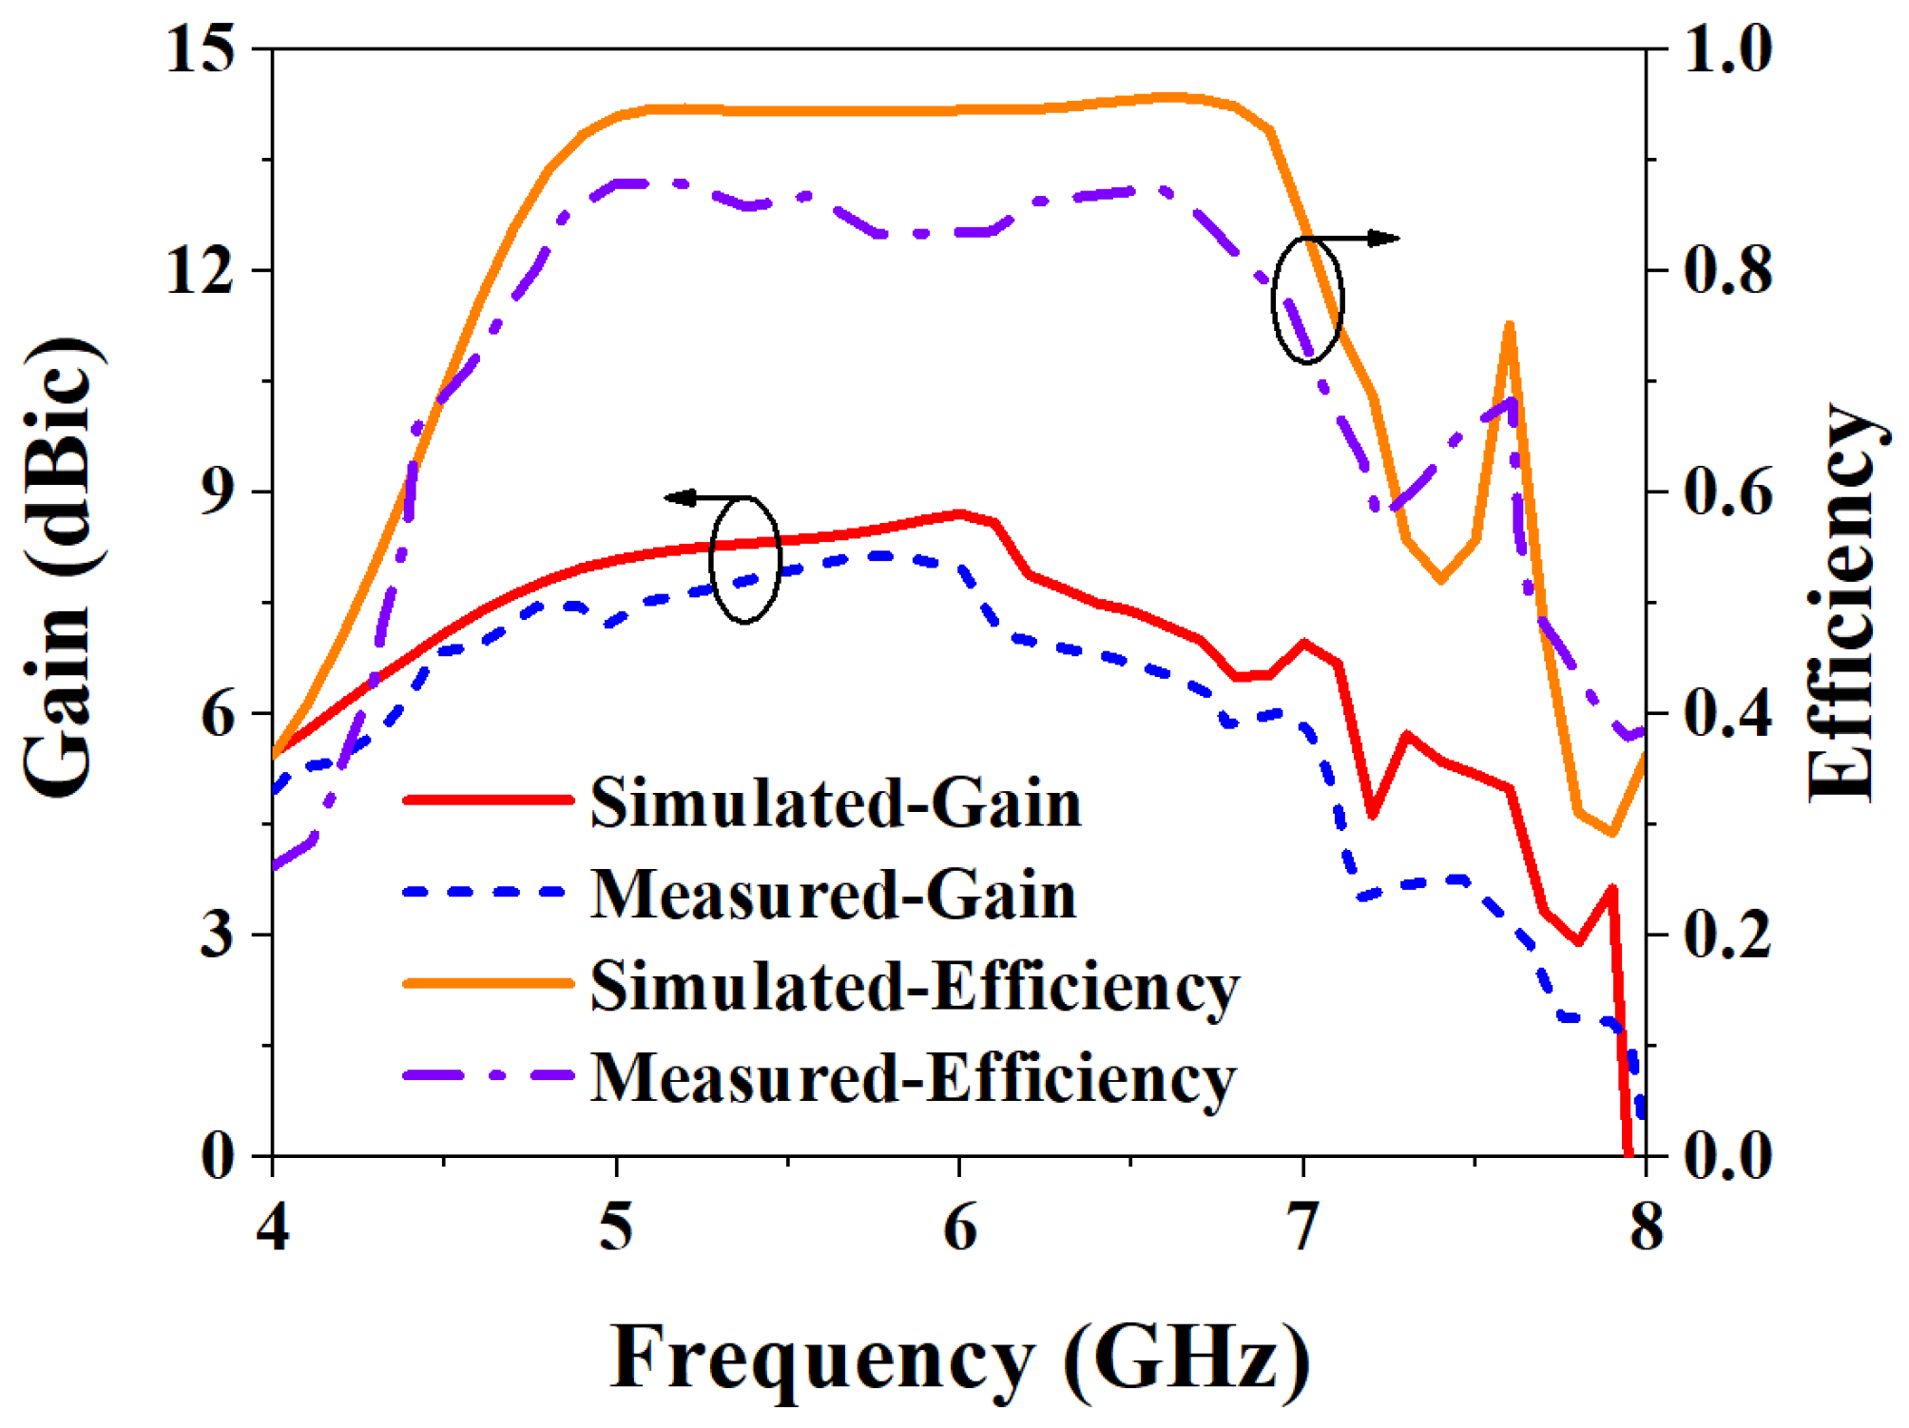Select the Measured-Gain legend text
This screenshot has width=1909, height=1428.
pos(833,895)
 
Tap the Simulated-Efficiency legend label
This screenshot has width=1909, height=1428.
pos(915,986)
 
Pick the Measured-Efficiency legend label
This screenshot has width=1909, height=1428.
pos(913,1077)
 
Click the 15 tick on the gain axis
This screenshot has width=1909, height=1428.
pos(200,49)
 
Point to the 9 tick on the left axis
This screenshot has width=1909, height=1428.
pos(217,492)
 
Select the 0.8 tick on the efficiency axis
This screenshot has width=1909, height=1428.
pos(1727,270)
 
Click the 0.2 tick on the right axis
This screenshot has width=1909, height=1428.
pos(1727,935)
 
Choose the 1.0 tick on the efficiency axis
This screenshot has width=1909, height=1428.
pos(1727,49)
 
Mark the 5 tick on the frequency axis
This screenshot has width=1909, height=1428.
pos(616,1227)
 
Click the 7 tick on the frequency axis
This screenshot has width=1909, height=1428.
pos(1302,1227)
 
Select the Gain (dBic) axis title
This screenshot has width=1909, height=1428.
pos(59,568)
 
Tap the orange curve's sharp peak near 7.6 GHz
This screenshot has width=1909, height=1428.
pos(1509,326)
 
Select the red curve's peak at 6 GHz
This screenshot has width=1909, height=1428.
pos(960,514)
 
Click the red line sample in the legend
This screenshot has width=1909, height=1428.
pos(489,800)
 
